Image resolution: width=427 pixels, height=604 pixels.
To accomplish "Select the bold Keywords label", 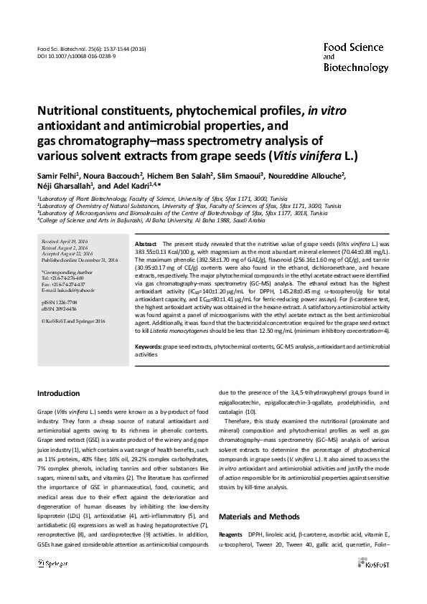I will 148,346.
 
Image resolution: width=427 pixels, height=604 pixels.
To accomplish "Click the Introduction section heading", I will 59,394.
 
